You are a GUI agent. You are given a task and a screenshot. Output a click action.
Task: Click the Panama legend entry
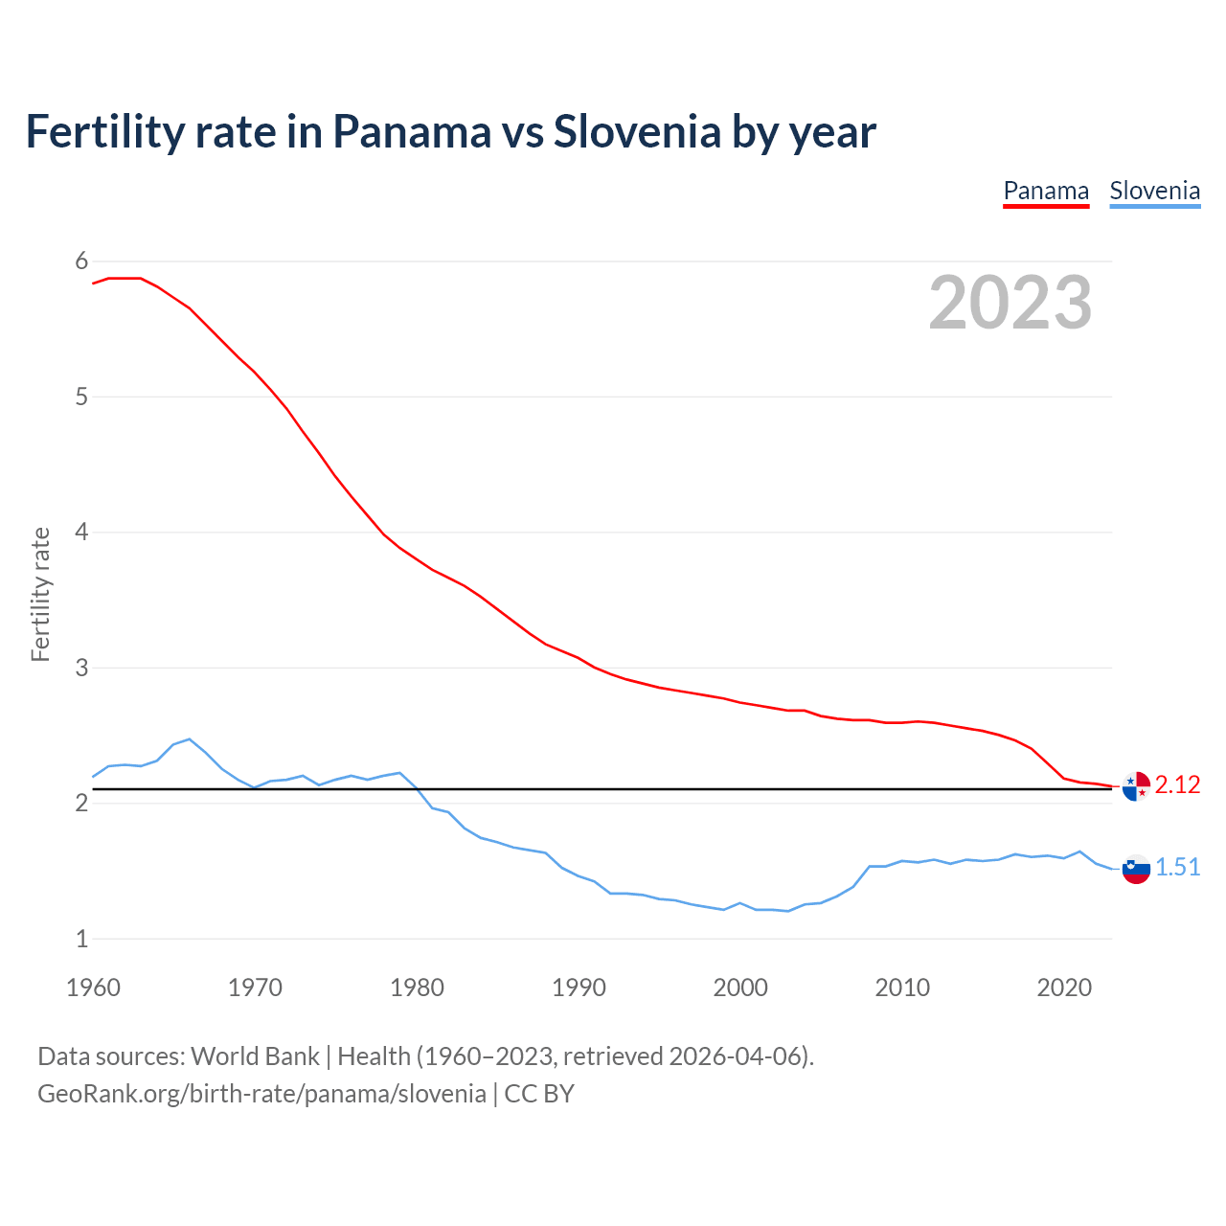click(1046, 192)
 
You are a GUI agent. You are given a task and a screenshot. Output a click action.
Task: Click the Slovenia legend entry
click(1154, 192)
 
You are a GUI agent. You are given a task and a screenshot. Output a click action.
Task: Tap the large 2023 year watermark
click(1010, 303)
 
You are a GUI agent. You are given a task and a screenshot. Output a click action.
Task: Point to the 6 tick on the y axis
click(81, 261)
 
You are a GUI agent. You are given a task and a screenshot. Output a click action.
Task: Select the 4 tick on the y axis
click(81, 532)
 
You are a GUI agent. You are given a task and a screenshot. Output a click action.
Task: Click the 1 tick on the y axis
click(81, 939)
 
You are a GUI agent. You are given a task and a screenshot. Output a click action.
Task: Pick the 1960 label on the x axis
click(93, 988)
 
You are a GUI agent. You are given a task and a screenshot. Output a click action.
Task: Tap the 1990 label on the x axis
click(579, 988)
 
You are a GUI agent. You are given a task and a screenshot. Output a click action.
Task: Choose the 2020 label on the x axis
click(1064, 988)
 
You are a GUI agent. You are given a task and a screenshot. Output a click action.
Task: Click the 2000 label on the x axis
click(740, 988)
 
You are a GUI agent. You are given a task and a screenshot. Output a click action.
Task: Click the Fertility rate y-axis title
click(40, 594)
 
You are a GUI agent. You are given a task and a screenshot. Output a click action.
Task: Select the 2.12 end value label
click(1177, 785)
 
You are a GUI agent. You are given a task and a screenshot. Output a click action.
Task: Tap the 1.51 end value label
click(1177, 868)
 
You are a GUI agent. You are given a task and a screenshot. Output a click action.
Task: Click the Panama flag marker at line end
click(1136, 786)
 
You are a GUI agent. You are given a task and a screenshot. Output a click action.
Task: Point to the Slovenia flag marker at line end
click(1136, 869)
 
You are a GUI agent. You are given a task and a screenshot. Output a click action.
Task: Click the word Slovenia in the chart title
click(637, 132)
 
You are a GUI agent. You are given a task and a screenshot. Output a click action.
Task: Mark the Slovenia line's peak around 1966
click(190, 739)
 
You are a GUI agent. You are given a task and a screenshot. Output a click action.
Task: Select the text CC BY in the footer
click(539, 1094)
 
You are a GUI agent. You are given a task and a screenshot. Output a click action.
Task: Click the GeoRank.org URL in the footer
click(261, 1094)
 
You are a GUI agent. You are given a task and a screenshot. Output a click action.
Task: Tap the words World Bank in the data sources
click(255, 1056)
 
